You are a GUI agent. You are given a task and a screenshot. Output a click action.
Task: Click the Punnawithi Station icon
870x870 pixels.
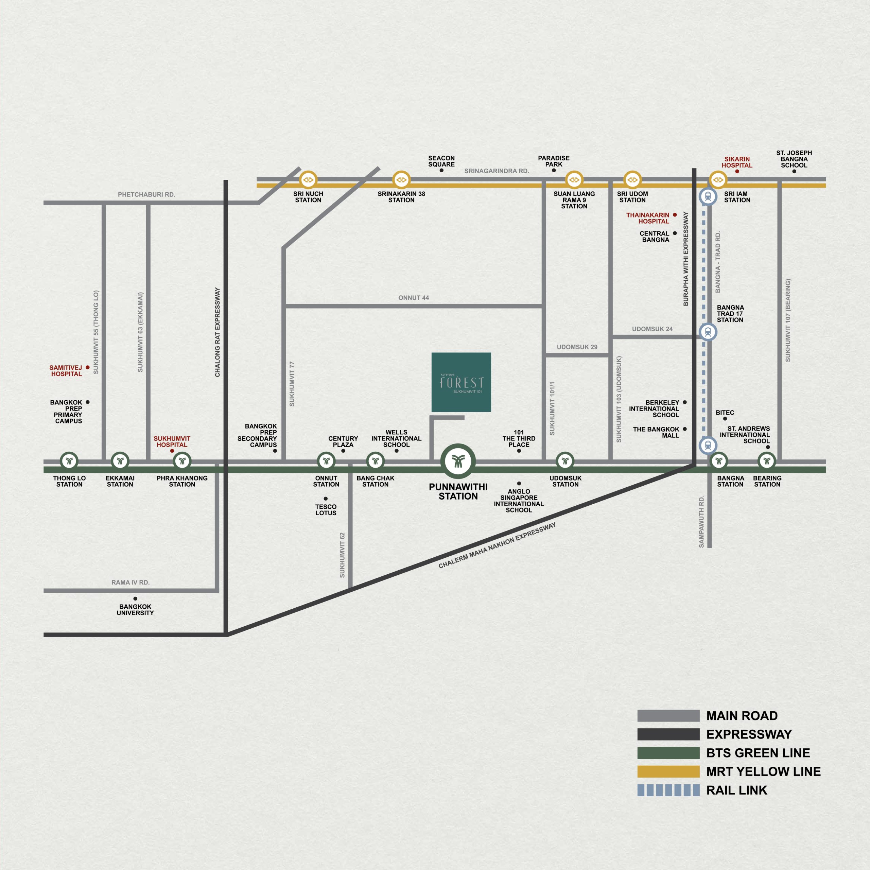coord(458,461)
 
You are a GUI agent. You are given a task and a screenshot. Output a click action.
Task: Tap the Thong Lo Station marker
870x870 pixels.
coord(69,461)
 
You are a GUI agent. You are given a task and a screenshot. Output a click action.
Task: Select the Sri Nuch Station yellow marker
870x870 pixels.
coord(308,180)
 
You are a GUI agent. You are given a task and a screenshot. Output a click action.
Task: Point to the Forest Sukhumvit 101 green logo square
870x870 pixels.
coord(461,382)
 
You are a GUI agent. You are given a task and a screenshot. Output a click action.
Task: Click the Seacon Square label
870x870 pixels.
coord(441,161)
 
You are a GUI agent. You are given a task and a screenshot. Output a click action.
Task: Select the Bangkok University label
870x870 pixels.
coord(135,610)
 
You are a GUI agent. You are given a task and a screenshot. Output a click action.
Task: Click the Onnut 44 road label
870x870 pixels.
coord(413,298)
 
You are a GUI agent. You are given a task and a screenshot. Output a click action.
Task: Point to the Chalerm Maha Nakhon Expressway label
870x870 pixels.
coord(497,545)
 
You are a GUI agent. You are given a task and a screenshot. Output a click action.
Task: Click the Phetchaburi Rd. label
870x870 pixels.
coord(146,194)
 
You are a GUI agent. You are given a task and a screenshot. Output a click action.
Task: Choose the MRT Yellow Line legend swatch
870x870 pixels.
coord(668,771)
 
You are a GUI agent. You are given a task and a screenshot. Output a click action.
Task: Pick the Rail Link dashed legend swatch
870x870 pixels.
coord(668,790)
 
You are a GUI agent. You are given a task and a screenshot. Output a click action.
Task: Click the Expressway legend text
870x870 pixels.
coord(749,734)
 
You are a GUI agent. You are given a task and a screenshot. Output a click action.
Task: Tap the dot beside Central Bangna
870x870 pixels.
coord(675,233)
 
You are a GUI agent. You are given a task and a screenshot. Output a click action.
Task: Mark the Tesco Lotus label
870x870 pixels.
coord(326,510)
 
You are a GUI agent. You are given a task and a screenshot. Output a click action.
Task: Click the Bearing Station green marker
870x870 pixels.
coord(766,461)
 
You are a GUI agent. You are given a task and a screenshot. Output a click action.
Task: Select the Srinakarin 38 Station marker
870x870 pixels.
coord(401,180)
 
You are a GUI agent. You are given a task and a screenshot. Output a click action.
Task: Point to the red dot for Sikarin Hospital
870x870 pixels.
coord(737,171)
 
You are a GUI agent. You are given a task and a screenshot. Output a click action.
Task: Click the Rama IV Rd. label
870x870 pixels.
coord(130,582)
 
